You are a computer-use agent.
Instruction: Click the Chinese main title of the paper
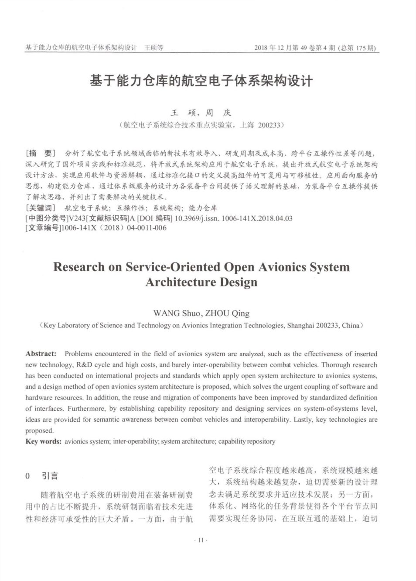tap(201, 81)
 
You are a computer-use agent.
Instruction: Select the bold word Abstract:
tap(41, 354)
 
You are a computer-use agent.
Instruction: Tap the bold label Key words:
tap(43, 441)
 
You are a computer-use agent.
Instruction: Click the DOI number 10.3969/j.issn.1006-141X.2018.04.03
tap(233, 218)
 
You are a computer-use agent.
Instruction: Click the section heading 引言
tap(50, 476)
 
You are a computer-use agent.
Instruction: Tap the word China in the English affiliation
tap(350, 325)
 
